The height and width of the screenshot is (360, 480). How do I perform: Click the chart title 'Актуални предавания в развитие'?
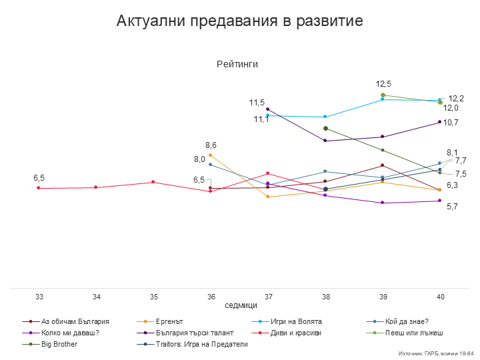coord(239,21)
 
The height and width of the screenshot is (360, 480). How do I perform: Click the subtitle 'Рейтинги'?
coord(237,64)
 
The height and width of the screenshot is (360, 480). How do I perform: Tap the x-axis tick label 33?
coord(39,296)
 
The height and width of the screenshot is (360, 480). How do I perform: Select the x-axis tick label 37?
coord(268,296)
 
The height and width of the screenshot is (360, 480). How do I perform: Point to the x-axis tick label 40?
coord(440,296)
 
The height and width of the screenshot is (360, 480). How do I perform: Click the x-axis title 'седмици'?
coord(241,305)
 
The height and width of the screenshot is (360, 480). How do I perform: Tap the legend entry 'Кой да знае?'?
coord(407,321)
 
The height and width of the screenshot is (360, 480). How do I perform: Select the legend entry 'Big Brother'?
coord(59,344)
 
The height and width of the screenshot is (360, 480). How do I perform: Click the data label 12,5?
coord(383,84)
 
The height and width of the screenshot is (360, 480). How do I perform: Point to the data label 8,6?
coord(211,145)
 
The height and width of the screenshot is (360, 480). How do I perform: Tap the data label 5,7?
coord(452,207)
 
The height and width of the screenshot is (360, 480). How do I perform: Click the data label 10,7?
coord(451,123)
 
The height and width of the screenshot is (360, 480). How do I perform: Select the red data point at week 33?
coord(39,188)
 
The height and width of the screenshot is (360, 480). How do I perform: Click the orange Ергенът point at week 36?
coord(211,155)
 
